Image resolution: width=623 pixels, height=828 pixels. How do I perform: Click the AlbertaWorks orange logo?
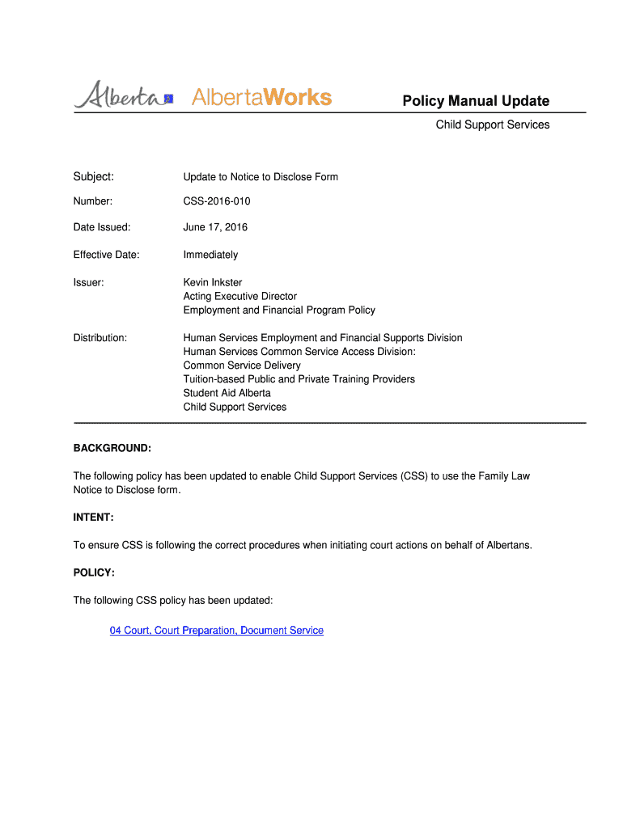click(x=261, y=98)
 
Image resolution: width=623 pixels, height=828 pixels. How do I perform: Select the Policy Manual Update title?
click(x=476, y=101)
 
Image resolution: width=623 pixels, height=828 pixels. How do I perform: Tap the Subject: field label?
click(x=93, y=176)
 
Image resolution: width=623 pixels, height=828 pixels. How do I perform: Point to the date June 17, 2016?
click(x=215, y=227)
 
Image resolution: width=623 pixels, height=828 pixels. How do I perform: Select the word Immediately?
click(x=210, y=255)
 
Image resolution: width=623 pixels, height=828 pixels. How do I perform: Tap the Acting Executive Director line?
click(x=239, y=296)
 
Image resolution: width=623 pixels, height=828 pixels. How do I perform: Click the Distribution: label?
click(x=100, y=337)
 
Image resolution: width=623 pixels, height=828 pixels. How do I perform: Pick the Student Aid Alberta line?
click(x=227, y=393)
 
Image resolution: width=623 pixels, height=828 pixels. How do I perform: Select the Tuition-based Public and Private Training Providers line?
click(x=299, y=379)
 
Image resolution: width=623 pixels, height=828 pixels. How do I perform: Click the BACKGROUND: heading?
click(x=112, y=448)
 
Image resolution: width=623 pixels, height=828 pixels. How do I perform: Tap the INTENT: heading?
click(x=94, y=517)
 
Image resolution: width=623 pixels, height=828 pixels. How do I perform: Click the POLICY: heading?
click(x=94, y=572)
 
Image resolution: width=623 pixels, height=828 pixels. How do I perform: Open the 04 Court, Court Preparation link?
click(x=216, y=630)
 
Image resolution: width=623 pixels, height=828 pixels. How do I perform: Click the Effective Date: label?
click(x=106, y=255)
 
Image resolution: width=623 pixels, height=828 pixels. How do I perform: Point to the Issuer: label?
click(x=88, y=282)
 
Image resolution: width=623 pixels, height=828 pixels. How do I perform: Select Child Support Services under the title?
click(x=492, y=125)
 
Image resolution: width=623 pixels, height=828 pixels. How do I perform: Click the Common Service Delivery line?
click(x=241, y=365)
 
